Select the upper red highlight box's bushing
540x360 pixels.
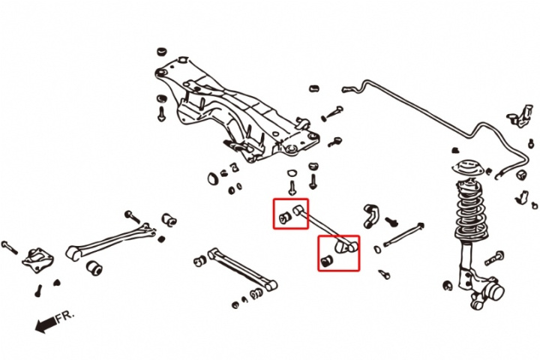[285, 217]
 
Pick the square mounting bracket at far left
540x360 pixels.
[35, 259]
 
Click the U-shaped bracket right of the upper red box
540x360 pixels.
[370, 214]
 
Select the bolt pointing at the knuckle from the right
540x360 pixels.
[494, 259]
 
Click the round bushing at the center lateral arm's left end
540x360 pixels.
[200, 261]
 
